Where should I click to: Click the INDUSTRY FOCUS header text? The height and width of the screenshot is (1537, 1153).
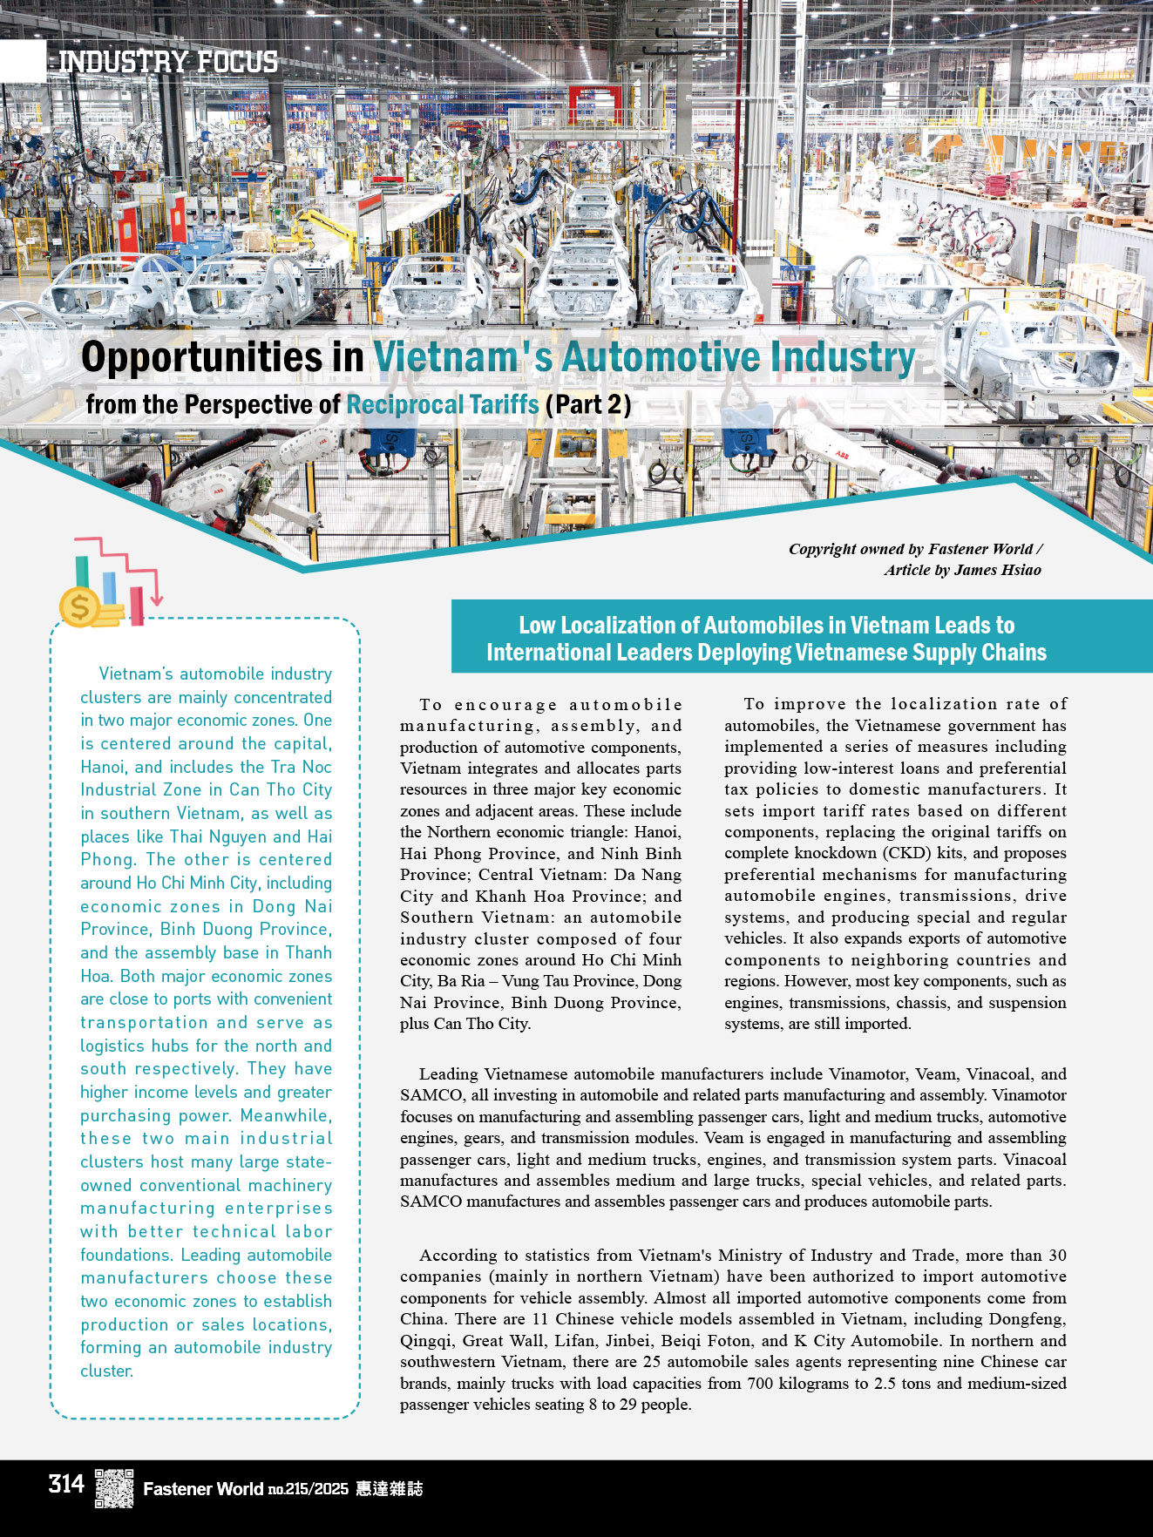[168, 62]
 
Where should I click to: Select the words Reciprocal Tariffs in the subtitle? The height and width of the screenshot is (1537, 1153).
[443, 404]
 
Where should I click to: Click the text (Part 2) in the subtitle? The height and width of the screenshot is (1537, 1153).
[588, 404]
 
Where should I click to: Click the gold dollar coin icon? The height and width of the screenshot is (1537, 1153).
[79, 606]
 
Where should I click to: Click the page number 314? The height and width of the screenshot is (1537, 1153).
[66, 1484]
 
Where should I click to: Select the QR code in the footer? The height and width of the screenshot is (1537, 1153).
[114, 1487]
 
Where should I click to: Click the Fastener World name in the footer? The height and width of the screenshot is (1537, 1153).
[202, 1488]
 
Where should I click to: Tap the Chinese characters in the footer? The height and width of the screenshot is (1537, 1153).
[390, 1488]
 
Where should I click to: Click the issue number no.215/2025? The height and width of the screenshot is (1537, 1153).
[308, 1489]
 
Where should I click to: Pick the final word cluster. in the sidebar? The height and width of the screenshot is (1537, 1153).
[107, 1371]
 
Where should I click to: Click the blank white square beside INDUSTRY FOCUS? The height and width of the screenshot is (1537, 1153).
[23, 62]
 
